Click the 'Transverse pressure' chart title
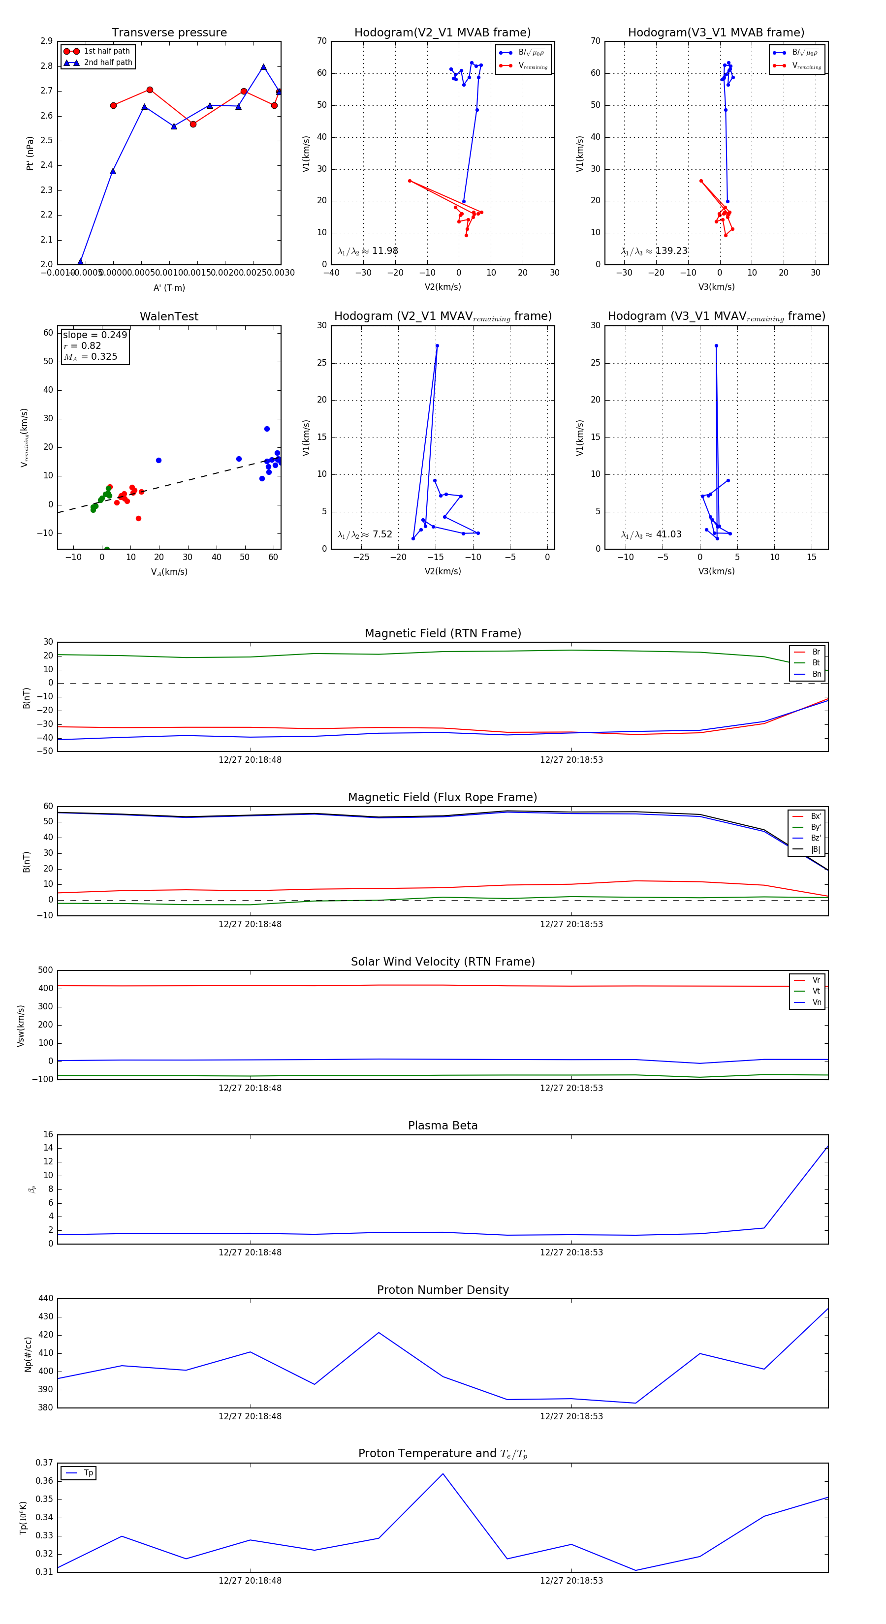(169, 33)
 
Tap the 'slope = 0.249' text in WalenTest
(95, 335)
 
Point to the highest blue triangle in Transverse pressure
(263, 67)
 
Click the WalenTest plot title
(169, 316)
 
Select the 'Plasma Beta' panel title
(443, 1126)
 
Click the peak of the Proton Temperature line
(443, 1474)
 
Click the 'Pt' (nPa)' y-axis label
(30, 153)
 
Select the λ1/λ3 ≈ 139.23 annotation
(654, 251)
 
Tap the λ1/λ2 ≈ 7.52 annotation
(364, 534)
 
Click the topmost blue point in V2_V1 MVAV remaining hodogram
(437, 345)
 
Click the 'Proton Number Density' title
(443, 1290)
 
